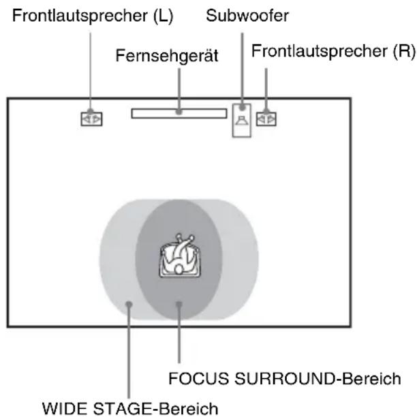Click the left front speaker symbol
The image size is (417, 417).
click(91, 119)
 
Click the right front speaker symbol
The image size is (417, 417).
click(266, 119)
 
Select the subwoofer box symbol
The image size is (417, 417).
click(241, 120)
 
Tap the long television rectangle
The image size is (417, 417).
click(179, 113)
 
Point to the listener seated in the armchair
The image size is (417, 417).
click(180, 256)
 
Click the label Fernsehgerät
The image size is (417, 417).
click(167, 56)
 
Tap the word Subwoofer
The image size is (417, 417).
click(247, 16)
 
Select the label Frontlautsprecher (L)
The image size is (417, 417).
click(93, 16)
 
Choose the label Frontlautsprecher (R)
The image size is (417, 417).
click(333, 51)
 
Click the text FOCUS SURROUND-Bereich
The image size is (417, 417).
click(285, 378)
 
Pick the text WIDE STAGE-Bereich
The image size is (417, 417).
click(130, 408)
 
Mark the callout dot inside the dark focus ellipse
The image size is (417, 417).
click(179, 304)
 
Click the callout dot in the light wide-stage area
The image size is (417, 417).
click(129, 304)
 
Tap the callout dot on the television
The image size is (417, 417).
click(179, 112)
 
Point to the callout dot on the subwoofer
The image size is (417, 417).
click(242, 108)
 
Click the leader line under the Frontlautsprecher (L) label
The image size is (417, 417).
click(90, 72)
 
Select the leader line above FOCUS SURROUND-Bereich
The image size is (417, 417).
click(179, 333)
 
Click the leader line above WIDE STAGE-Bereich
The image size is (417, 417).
click(129, 351)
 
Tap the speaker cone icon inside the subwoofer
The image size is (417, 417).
click(242, 121)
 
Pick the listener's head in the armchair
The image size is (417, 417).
click(179, 270)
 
